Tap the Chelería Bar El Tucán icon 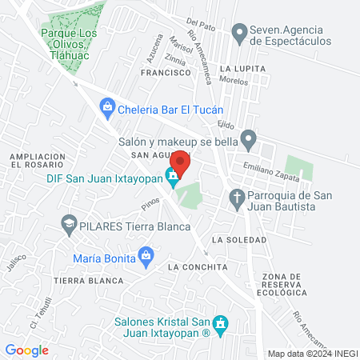[106, 106]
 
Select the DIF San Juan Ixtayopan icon [172, 176]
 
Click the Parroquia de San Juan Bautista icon [237, 197]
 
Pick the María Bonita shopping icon [145, 257]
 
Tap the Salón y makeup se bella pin [249, 141]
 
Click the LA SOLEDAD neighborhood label [239, 240]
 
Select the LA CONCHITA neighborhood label [198, 266]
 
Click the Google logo [26, 350]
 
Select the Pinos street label [151, 204]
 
